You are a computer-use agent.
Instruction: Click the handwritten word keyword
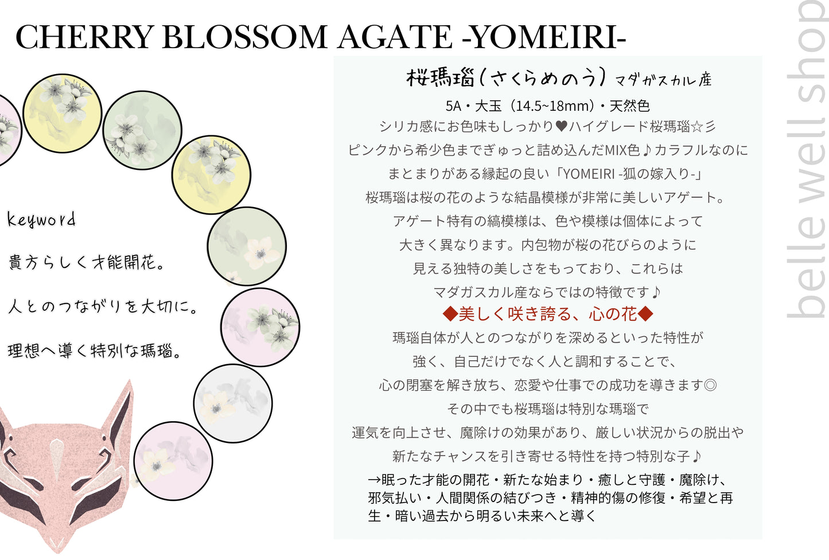pyautogui.click(x=41, y=219)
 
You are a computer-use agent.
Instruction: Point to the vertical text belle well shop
pyautogui.click(x=806, y=161)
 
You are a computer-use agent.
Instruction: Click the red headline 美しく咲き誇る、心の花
pyautogui.click(x=548, y=314)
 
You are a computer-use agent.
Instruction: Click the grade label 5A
pyautogui.click(x=453, y=106)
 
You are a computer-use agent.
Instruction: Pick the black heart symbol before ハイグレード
pyautogui.click(x=562, y=126)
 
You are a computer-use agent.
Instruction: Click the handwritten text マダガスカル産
pyautogui.click(x=663, y=80)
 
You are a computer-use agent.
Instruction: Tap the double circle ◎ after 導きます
pyautogui.click(x=710, y=385)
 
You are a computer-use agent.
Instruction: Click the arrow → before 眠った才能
pyautogui.click(x=374, y=480)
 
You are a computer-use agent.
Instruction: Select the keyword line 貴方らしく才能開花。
pyautogui.click(x=87, y=263)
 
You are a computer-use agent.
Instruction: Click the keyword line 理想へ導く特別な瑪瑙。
pyautogui.click(x=95, y=351)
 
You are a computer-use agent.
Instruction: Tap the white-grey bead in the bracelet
pyautogui.click(x=232, y=403)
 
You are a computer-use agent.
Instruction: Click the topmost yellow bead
pyautogui.click(x=63, y=113)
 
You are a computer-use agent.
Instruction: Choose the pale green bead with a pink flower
pyautogui.click(x=247, y=246)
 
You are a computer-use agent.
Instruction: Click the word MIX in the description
pyautogui.click(x=616, y=150)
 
